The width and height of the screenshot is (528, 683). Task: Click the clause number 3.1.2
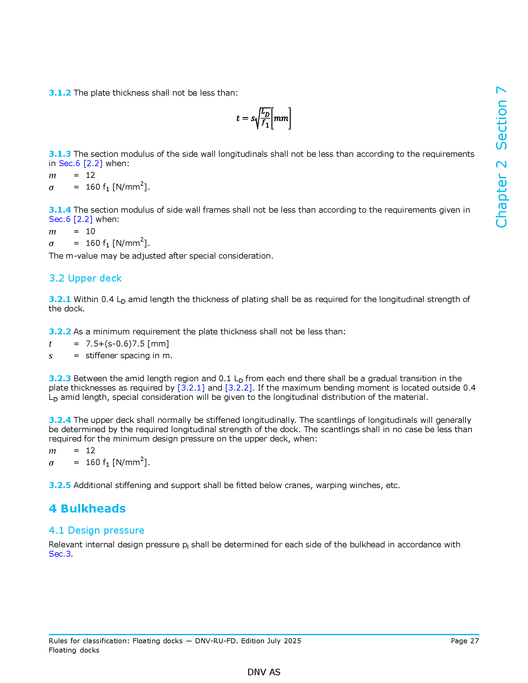pos(60,93)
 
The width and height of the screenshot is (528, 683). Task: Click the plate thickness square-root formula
pos(264,118)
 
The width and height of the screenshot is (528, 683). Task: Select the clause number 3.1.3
pos(60,154)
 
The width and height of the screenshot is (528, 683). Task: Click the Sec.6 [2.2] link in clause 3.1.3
pos(80,163)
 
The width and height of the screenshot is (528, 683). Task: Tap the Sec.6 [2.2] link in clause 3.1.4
pos(71,219)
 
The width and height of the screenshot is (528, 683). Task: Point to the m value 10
pos(90,231)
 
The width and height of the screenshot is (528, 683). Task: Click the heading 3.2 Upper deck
pos(85,278)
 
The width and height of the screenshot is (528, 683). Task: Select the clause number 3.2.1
pos(60,299)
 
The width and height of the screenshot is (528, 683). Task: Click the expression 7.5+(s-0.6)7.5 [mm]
pos(127,344)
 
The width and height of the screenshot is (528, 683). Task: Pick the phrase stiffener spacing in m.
pos(129,355)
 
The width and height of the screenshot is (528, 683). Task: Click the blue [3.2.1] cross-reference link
pos(191,388)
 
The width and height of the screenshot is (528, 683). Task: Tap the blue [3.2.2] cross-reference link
pos(238,388)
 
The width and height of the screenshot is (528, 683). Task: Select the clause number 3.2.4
pos(60,420)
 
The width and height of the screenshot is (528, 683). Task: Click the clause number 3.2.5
pos(60,485)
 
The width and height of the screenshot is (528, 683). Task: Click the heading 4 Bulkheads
pos(87,509)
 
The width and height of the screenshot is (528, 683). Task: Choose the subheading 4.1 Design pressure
pos(96,530)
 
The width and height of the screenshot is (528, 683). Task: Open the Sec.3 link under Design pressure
pos(60,554)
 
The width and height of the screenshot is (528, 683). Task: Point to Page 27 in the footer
pos(465,641)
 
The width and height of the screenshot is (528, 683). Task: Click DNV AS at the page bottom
pos(264,672)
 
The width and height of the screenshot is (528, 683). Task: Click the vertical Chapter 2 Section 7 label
pos(501,157)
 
